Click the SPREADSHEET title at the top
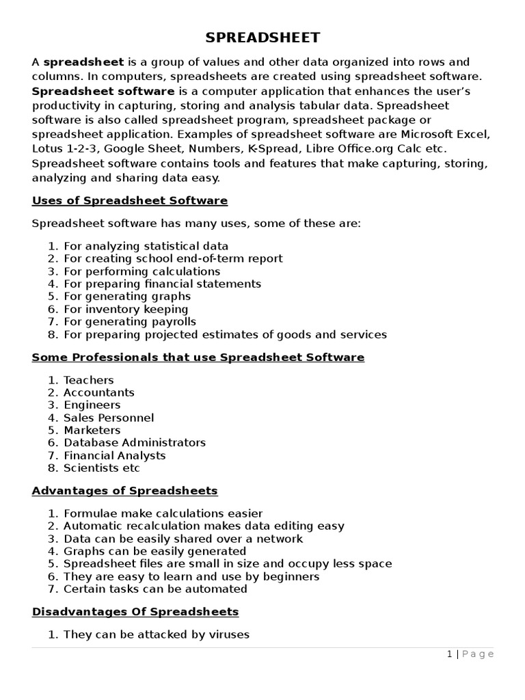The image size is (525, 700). point(262,37)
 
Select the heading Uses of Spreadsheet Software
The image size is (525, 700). point(130,200)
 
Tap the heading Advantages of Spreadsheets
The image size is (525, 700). point(124,490)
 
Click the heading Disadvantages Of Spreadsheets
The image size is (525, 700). point(135,610)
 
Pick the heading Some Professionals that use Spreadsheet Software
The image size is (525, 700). point(198,357)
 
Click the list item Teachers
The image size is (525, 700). point(89,380)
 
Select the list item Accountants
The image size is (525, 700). point(99,392)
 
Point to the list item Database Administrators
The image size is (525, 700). point(135,442)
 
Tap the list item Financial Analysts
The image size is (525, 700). point(115,455)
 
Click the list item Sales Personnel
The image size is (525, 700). point(109,418)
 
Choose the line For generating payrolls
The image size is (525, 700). point(130,321)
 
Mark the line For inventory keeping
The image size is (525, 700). point(126,309)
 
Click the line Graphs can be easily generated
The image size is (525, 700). point(154,551)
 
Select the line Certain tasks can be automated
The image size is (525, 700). point(155,589)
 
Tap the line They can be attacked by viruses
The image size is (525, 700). point(157,634)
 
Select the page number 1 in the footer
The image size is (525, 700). point(449,654)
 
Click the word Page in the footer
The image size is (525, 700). point(478,654)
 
